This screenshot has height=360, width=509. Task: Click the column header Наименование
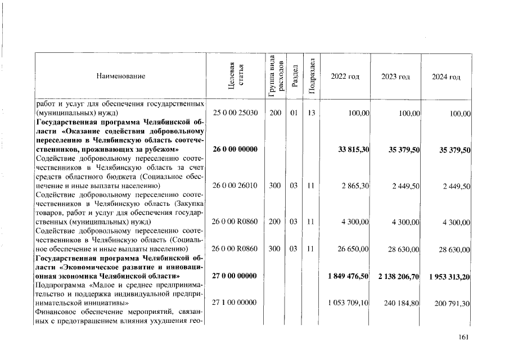(120, 76)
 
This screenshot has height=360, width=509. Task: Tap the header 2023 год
(395, 76)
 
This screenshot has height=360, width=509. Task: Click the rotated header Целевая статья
(236, 76)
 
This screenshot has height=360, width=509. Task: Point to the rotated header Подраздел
(312, 76)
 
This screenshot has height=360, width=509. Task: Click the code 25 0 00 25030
(235, 113)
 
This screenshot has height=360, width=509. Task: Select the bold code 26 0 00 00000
(235, 150)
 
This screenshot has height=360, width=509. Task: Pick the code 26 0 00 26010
(235, 186)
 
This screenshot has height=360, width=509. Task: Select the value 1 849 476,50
(348, 276)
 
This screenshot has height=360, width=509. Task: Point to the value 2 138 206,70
(399, 276)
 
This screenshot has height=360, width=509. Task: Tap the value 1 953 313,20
(449, 276)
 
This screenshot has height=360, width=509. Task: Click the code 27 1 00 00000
(235, 303)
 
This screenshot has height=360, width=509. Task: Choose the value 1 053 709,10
(348, 303)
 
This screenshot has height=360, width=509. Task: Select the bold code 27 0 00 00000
(235, 276)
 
